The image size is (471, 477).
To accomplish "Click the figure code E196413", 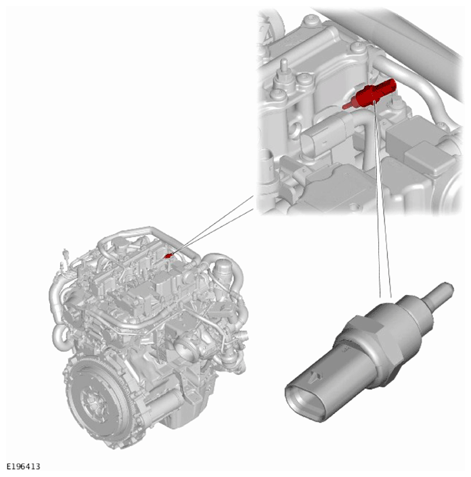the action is pos(23,467).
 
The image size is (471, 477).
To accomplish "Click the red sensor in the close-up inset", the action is pos(371,93).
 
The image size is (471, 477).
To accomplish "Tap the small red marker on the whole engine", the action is pos(168,256).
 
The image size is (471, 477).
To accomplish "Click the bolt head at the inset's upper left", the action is pos(310,20).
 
